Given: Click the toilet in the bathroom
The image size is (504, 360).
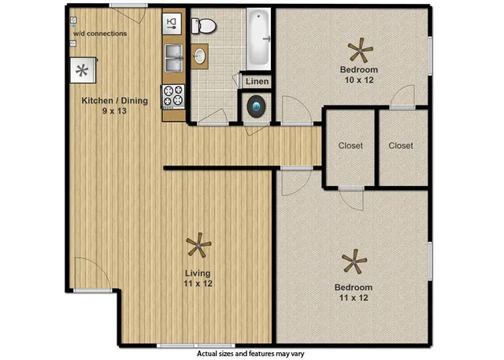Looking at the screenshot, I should pyautogui.click(x=206, y=25).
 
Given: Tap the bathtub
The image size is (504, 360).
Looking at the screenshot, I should pyautogui.click(x=259, y=39).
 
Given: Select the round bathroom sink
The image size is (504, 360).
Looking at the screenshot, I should pyautogui.click(x=200, y=56).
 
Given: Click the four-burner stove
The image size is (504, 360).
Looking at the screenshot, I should pyautogui.click(x=173, y=95).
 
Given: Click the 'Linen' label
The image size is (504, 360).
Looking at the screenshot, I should pyautogui.click(x=258, y=82).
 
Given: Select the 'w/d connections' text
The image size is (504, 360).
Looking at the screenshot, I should pyautogui.click(x=100, y=34).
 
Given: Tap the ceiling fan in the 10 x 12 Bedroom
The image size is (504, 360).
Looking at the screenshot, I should pyautogui.click(x=361, y=52).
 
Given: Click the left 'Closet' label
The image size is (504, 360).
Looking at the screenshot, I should pyautogui.click(x=350, y=146).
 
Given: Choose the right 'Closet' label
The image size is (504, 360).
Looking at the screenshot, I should pyautogui.click(x=401, y=146).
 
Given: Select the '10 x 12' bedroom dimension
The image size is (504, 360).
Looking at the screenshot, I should pyautogui.click(x=358, y=80).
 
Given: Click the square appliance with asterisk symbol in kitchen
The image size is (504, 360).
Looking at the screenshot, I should pyautogui.click(x=81, y=70).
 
